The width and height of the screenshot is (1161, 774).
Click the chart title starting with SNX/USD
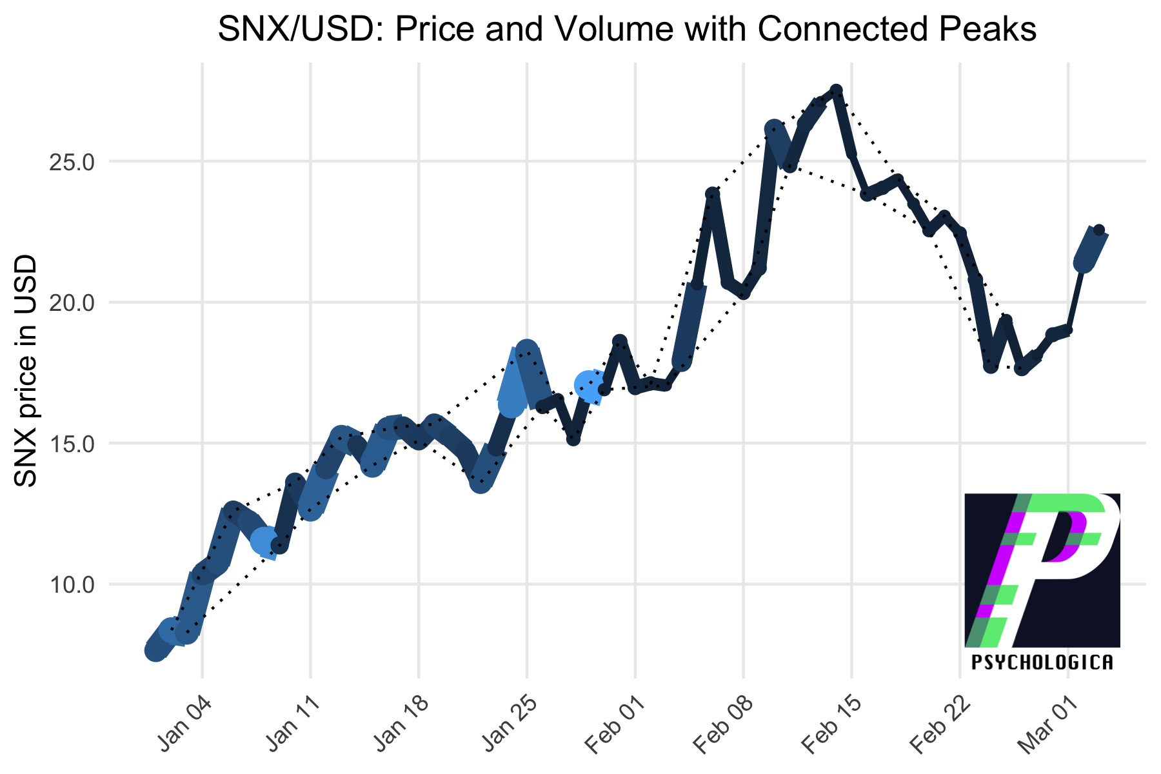click(627, 30)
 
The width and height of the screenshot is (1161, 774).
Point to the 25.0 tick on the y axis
click(72, 161)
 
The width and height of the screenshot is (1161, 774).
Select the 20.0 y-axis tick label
click(72, 303)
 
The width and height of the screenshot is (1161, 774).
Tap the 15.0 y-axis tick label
click(72, 444)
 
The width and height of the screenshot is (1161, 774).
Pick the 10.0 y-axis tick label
click(72, 585)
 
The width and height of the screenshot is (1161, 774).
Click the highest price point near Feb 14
click(836, 90)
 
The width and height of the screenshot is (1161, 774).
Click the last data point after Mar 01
click(1098, 230)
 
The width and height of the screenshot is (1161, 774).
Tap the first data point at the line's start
click(155, 651)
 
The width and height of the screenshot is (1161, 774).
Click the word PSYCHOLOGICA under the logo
click(1042, 662)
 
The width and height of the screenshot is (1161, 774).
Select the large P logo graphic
click(1042, 570)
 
